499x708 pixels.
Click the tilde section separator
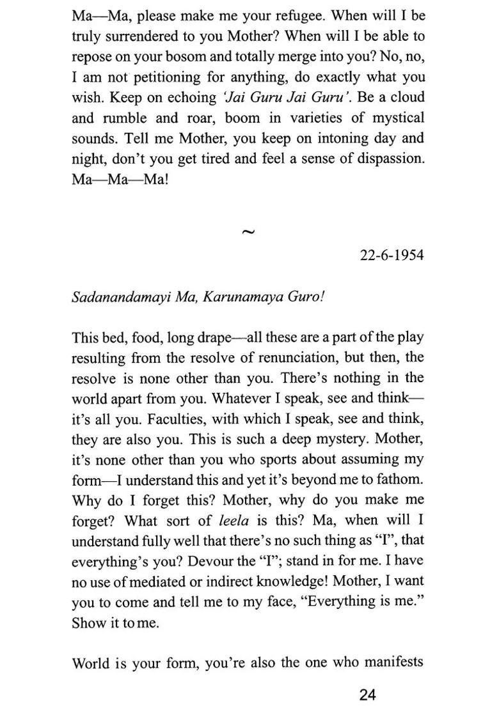coord(248,232)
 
